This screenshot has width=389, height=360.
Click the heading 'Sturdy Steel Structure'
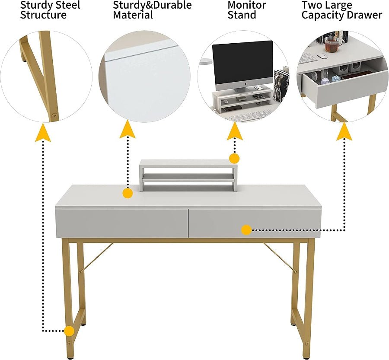50,10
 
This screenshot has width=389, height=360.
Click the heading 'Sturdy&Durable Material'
152,10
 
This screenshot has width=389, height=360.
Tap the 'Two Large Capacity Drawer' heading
341,10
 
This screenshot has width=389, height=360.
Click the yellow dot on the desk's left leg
68,331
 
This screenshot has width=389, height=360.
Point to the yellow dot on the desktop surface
127,193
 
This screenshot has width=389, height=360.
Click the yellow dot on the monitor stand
234,158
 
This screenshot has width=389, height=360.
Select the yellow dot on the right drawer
246,230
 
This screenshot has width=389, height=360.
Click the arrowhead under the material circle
128,129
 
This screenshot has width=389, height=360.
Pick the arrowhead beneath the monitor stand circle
235,131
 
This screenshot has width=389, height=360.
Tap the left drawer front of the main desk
122,223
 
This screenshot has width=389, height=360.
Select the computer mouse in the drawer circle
321,56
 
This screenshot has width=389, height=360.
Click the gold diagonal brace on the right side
280,258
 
